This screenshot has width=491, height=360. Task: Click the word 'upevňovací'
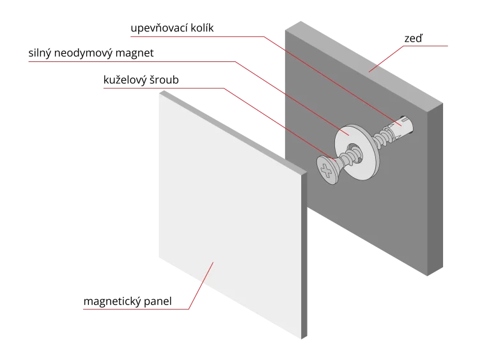[159, 28]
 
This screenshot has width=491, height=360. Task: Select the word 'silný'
[40, 53]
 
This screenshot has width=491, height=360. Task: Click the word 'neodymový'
[83, 53]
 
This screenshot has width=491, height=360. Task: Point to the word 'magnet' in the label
[135, 53]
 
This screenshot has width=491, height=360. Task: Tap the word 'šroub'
[164, 80]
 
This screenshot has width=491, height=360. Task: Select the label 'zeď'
[414, 38]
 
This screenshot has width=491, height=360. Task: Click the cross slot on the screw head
[327, 171]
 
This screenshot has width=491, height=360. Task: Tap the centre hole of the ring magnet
[355, 153]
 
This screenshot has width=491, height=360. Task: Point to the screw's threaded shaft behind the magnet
[382, 139]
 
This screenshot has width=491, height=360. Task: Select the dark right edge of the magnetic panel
[304, 255]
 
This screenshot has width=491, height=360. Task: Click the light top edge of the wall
[364, 62]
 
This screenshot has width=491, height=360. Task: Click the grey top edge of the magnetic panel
[233, 132]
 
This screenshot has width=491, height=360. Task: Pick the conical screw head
[328, 170]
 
